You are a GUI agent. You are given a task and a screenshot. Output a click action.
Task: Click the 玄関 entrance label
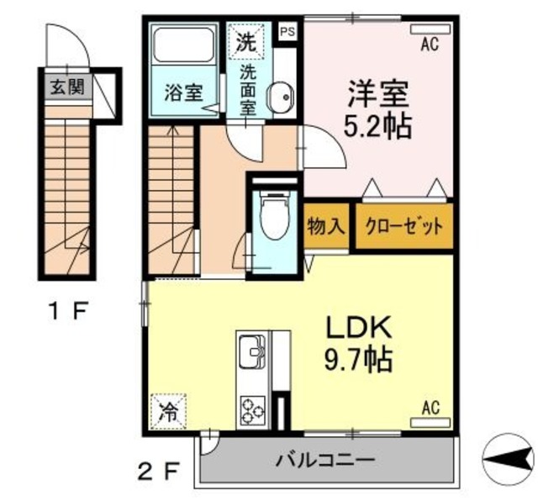coord(65,87)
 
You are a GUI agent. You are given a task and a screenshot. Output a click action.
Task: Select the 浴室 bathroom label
coord(182,92)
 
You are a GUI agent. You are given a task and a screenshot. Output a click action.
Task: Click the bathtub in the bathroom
coord(183,47)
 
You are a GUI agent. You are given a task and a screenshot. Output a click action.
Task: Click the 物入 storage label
coord(325,226)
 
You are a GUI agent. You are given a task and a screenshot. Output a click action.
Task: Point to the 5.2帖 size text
coord(379,126)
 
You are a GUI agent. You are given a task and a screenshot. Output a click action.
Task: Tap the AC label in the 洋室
coord(430,46)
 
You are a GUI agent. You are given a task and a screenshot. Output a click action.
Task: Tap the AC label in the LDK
coord(430,409)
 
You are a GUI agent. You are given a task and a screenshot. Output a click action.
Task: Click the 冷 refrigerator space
coord(169,412)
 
